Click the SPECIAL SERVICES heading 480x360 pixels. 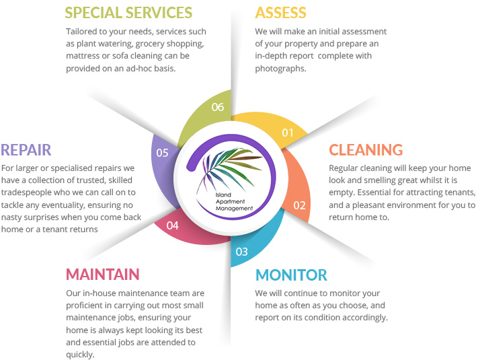128,13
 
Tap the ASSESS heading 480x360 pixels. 280,13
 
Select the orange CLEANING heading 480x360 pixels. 366,149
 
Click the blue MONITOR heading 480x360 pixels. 290,275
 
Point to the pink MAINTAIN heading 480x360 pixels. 103,275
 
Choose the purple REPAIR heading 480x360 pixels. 26,149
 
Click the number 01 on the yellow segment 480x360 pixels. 288,133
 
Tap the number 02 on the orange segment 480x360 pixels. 299,205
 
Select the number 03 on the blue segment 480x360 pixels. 241,252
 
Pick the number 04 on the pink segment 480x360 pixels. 172,225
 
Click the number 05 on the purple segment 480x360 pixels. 162,153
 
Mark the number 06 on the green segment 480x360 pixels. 217,106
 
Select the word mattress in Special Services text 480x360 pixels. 83,56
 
